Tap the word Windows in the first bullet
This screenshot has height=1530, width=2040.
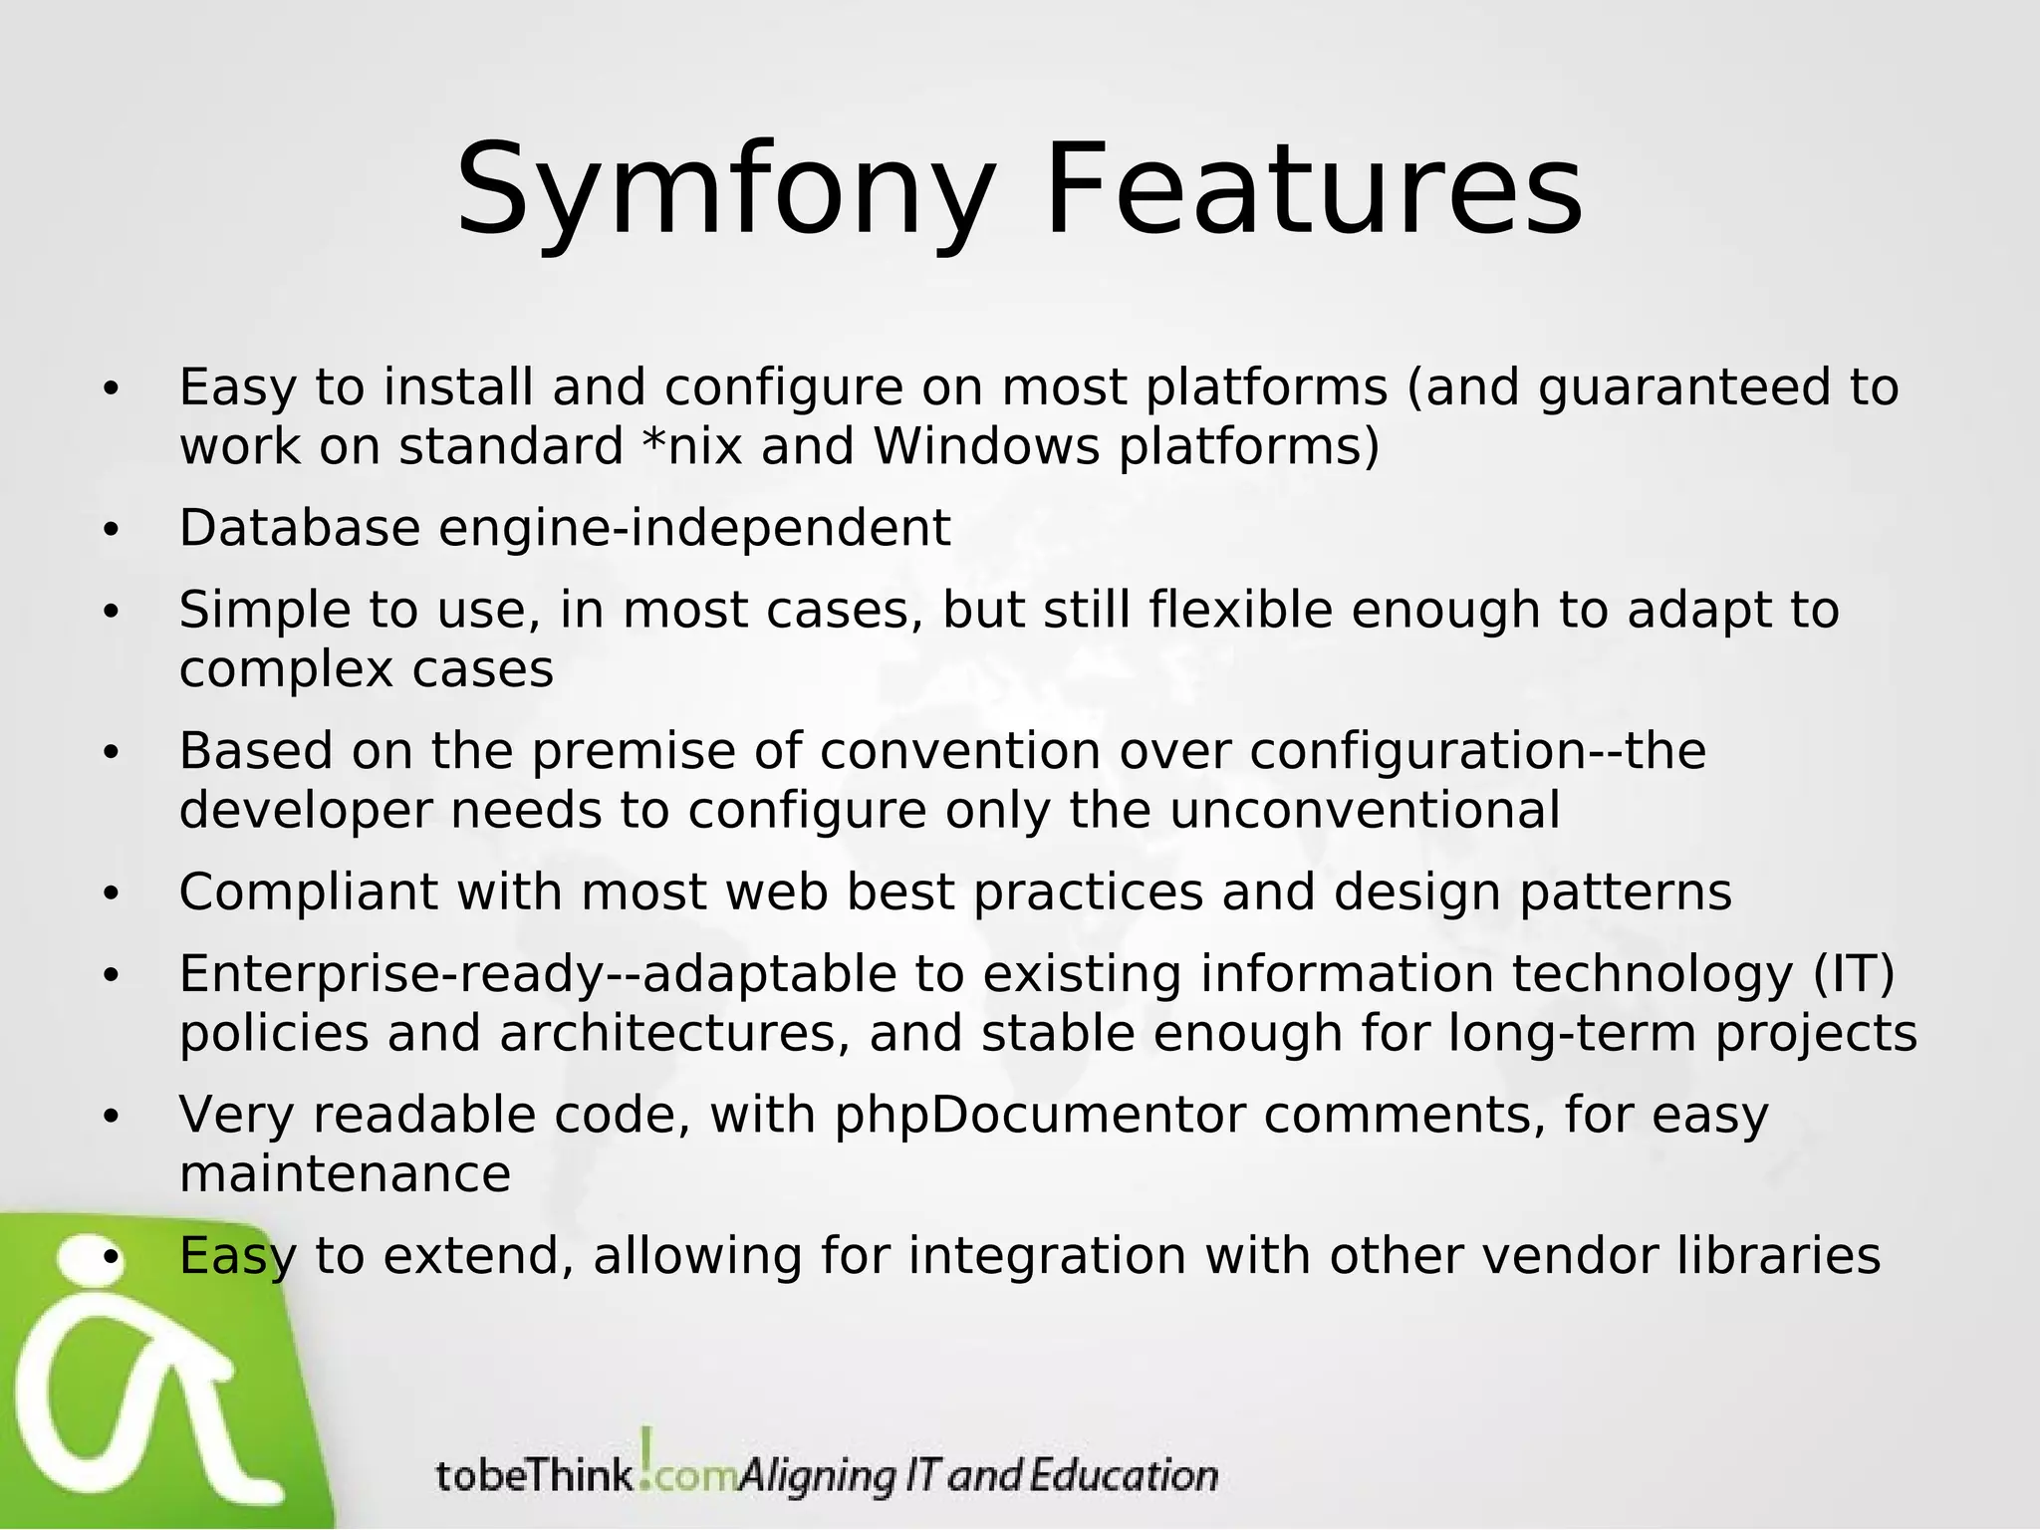pyautogui.click(x=987, y=446)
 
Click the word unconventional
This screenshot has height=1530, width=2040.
pyautogui.click(x=1364, y=810)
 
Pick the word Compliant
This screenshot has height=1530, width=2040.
pyautogui.click(x=308, y=892)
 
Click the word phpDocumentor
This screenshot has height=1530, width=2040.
pyautogui.click(x=1039, y=1115)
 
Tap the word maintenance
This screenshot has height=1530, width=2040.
pyautogui.click(x=345, y=1174)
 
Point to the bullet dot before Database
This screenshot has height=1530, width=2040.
pyautogui.click(x=111, y=530)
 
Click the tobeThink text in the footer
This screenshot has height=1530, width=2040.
pyautogui.click(x=534, y=1474)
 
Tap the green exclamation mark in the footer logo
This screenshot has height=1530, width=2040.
pyautogui.click(x=647, y=1456)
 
